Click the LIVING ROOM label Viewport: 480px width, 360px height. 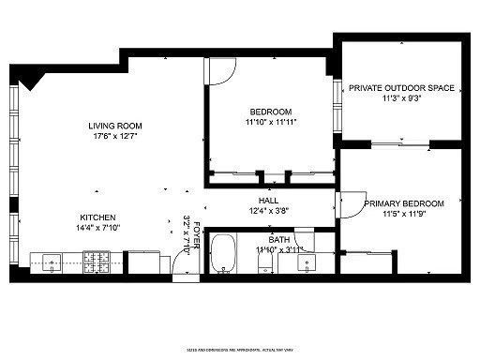pos(114,127)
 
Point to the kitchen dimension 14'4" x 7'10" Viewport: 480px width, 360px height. pos(98,227)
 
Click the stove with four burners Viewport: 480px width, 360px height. pos(97,261)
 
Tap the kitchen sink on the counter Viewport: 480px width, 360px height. pos(47,261)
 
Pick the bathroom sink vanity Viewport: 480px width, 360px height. pos(306,262)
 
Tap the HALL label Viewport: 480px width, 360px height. pos(268,200)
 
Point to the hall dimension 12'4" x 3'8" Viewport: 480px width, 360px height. pos(268,211)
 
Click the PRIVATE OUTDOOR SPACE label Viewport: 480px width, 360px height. pos(401,88)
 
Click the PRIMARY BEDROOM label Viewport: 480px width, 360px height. pos(404,202)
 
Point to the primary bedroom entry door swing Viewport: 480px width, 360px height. pos(351,204)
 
